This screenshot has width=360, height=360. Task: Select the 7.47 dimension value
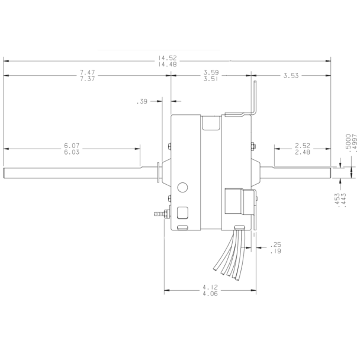click(88, 72)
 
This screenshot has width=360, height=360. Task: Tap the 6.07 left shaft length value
click(72, 145)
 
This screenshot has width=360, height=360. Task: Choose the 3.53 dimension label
click(291, 75)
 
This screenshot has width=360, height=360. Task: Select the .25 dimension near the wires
click(276, 245)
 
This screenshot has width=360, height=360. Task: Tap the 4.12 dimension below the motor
click(210, 287)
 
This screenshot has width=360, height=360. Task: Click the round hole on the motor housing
click(182, 188)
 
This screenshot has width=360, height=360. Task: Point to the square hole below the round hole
click(182, 211)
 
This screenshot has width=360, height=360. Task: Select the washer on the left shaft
click(158, 173)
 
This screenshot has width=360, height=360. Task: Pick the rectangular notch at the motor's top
click(209, 123)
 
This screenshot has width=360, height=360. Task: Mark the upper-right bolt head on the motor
click(253, 146)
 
